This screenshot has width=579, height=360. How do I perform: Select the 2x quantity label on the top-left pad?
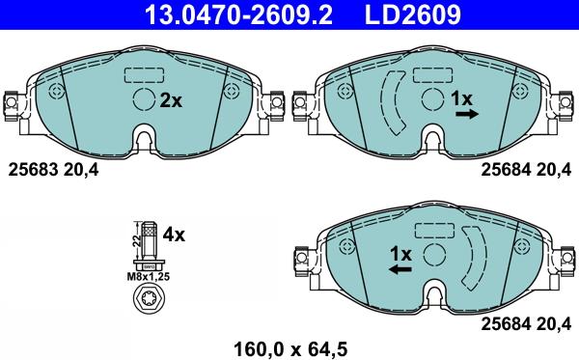171,99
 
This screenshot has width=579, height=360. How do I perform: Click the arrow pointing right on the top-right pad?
467,114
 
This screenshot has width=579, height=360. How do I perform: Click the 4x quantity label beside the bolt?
174,235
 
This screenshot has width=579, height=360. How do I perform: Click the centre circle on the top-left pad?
144,99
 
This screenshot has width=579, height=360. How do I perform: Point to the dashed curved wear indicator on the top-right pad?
395,101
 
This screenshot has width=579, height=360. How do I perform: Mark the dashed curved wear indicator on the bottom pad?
472,257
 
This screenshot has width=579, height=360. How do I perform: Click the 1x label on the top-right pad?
462,98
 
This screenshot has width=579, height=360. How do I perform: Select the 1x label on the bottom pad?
400,254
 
